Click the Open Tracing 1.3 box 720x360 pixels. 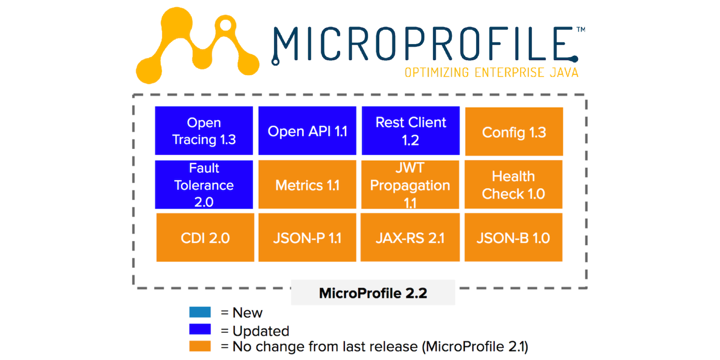[x=204, y=130]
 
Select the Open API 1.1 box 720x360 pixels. [x=307, y=130]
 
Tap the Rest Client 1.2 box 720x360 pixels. [x=411, y=130]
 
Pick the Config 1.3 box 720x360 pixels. [x=514, y=131]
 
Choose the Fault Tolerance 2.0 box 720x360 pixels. [x=204, y=184]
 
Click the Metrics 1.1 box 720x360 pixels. [x=307, y=184]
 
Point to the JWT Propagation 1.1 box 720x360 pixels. [x=410, y=184]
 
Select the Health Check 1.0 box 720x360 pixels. [x=513, y=184]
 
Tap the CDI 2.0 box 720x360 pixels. [x=205, y=238]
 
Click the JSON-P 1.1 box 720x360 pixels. [x=307, y=238]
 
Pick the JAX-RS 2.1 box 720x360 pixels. [x=410, y=238]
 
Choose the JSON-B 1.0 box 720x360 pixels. [x=513, y=238]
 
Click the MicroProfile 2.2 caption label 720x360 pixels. [x=373, y=293]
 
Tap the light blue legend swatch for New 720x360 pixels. [x=200, y=312]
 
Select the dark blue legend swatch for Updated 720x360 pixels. [x=200, y=329]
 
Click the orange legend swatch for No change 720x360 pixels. [x=200, y=346]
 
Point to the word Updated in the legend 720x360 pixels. [x=261, y=331]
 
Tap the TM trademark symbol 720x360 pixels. [x=581, y=30]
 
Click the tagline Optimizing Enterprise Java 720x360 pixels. [x=491, y=72]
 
